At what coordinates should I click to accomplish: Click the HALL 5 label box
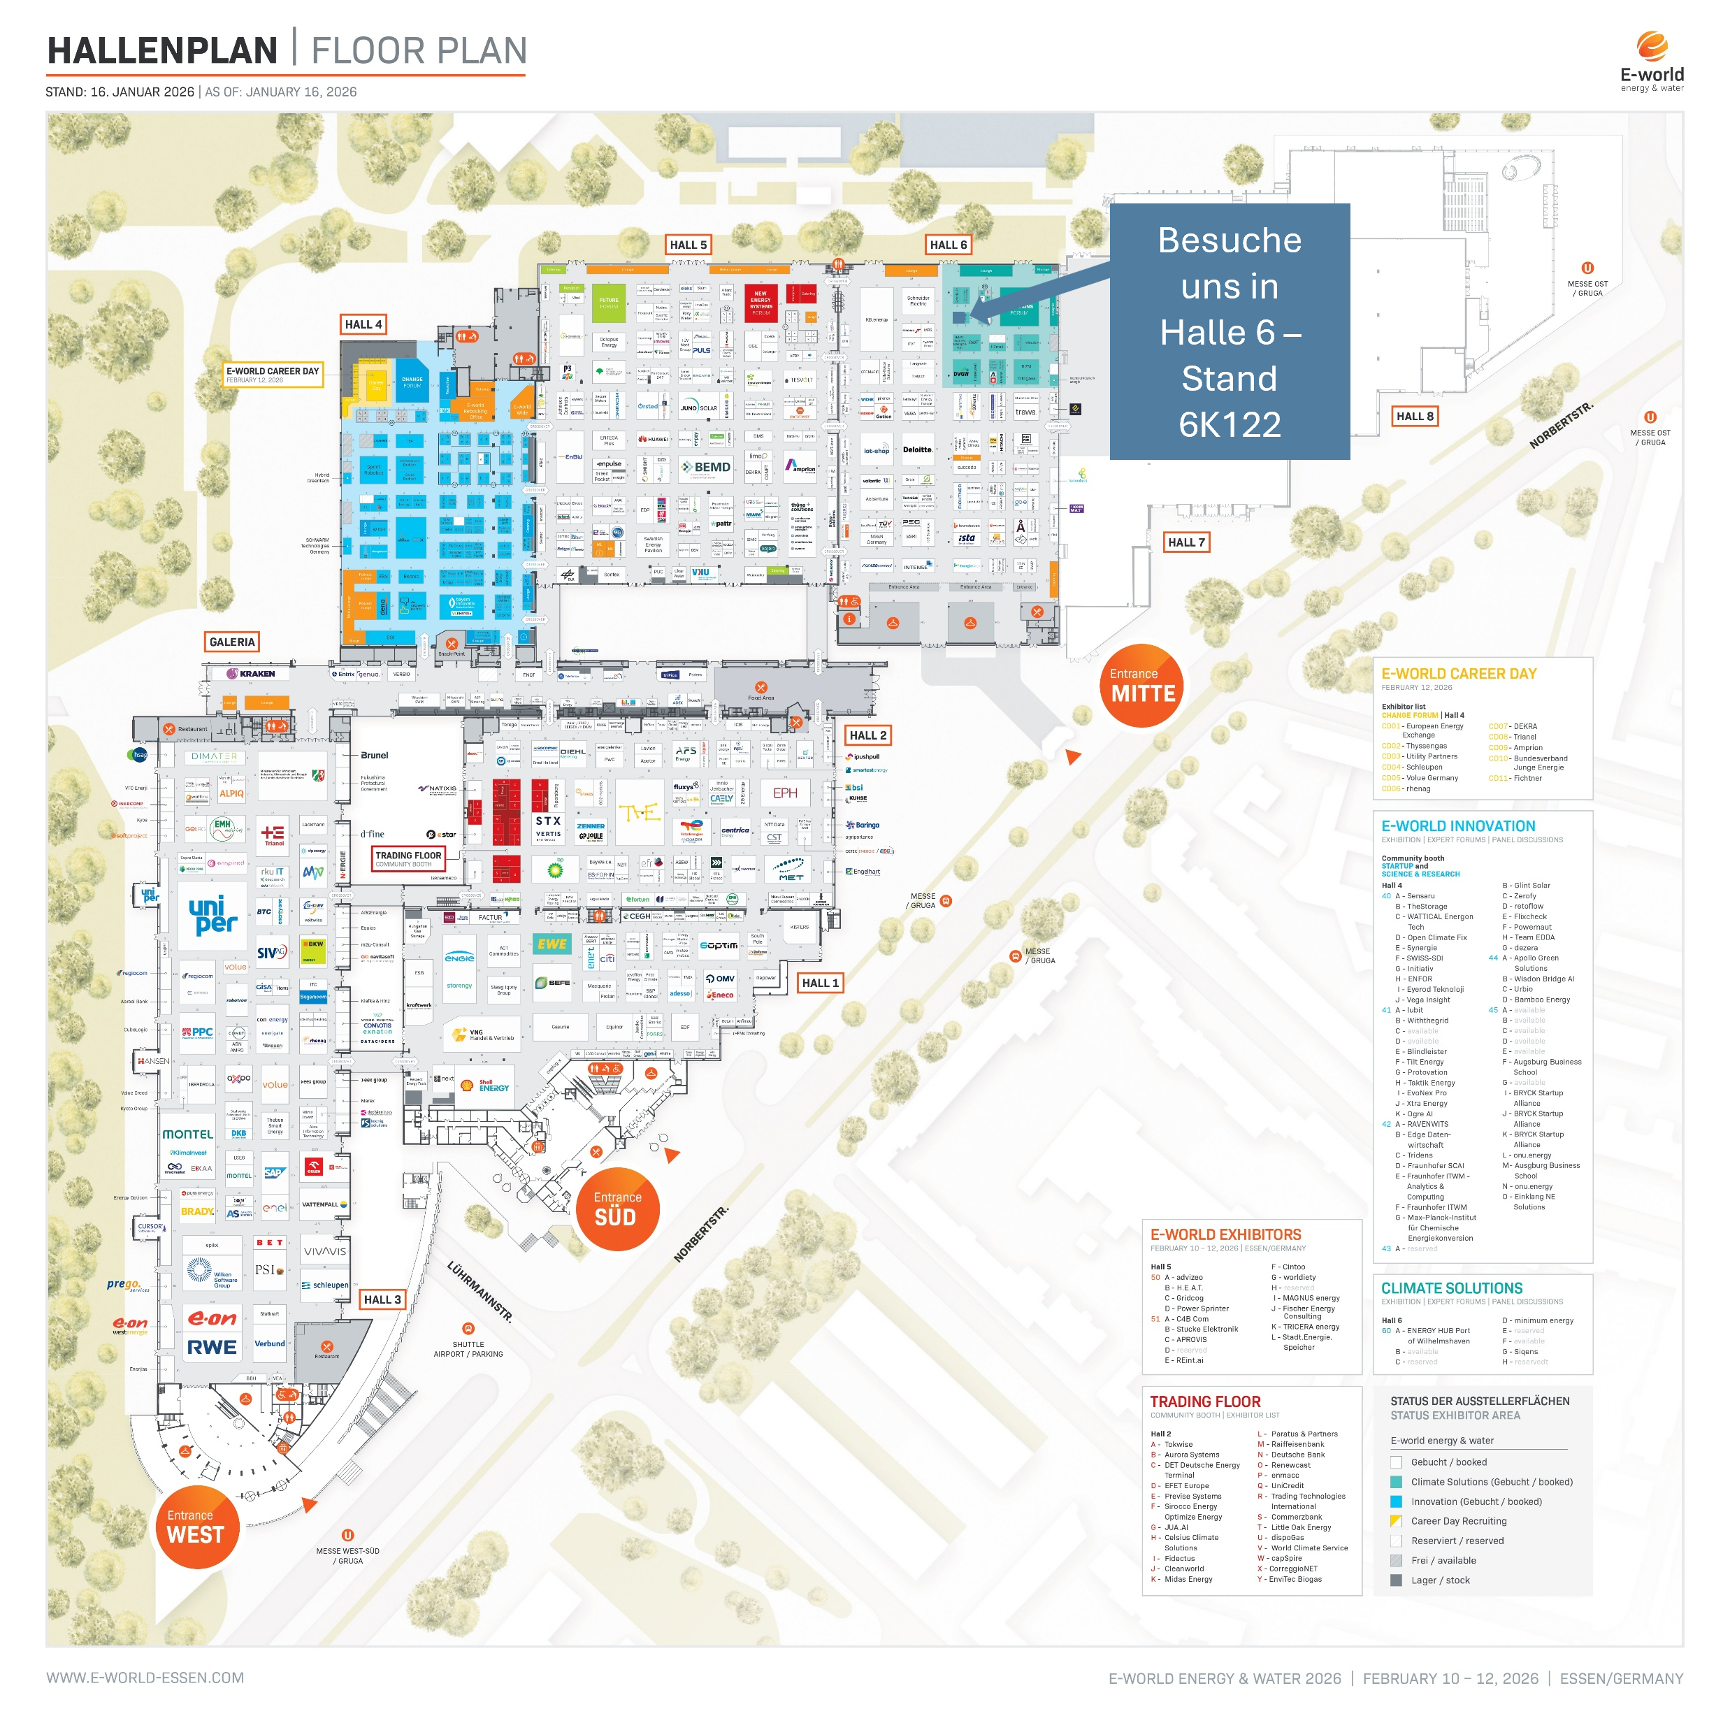click(688, 245)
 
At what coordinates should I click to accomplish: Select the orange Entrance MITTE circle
click(1141, 685)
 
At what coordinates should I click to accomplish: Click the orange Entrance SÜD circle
click(617, 1208)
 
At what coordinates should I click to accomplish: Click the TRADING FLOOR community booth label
click(408, 858)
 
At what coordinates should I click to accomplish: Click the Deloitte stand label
click(917, 449)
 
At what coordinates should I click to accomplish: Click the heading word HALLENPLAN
click(162, 51)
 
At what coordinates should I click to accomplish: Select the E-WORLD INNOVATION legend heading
click(1458, 826)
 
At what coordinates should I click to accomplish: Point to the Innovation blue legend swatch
click(1396, 1501)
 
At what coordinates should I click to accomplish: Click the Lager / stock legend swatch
click(1396, 1580)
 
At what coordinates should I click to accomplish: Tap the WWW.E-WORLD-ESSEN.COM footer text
click(145, 1677)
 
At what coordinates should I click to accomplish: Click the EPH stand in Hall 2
click(784, 793)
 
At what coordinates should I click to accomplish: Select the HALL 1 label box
click(819, 982)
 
